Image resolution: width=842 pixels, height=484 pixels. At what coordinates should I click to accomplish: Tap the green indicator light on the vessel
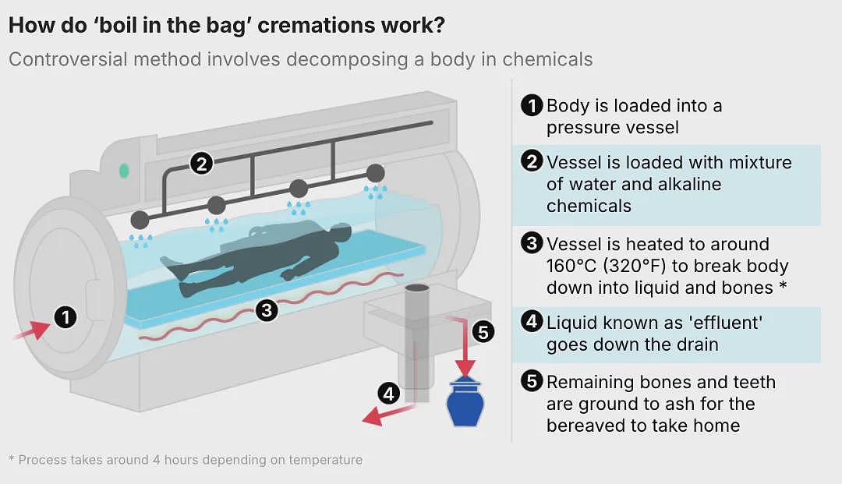click(x=124, y=171)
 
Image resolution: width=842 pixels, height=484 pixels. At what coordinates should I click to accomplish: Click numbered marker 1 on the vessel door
click(x=65, y=317)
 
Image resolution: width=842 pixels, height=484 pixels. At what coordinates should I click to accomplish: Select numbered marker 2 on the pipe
click(x=201, y=163)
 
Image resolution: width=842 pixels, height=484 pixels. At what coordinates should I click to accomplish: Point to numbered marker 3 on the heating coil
click(x=267, y=310)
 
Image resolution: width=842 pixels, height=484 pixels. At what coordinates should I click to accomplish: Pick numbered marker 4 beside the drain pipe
click(x=389, y=394)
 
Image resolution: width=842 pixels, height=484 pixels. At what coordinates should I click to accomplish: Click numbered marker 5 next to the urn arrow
click(x=483, y=332)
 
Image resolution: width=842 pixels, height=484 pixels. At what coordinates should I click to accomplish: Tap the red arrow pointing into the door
click(x=32, y=330)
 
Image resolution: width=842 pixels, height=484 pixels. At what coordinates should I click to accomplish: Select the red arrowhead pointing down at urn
click(x=465, y=368)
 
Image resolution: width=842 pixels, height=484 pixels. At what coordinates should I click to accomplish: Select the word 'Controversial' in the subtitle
click(x=68, y=59)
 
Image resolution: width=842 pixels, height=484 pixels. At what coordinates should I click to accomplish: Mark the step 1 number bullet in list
click(x=532, y=105)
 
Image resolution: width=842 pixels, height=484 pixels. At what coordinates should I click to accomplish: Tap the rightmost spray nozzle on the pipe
click(x=375, y=173)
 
